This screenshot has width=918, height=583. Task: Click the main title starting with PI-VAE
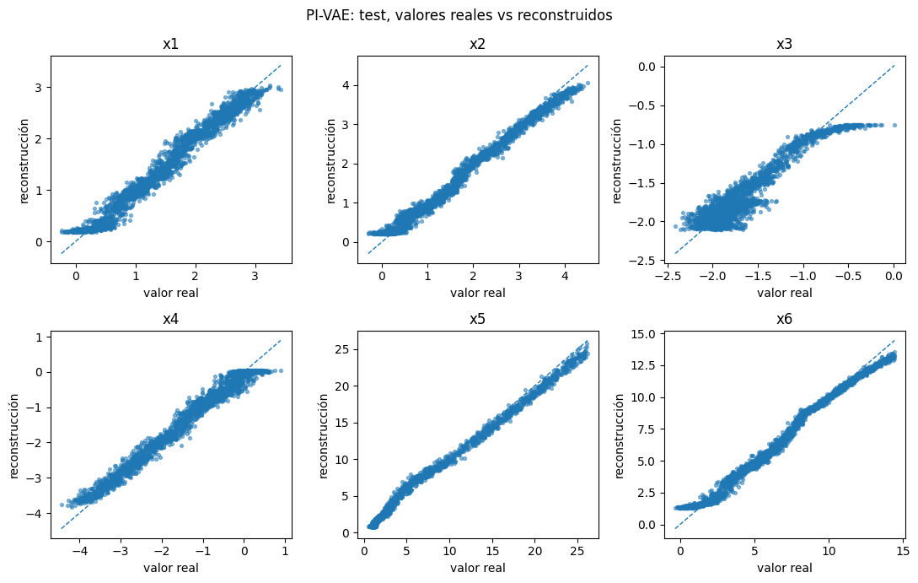(x=459, y=15)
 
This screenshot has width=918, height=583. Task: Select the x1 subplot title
(x=171, y=44)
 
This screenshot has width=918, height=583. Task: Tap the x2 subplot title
(x=478, y=44)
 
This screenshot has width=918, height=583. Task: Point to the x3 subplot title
(x=785, y=44)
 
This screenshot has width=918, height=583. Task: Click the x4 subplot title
(x=171, y=319)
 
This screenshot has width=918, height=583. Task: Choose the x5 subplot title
(x=478, y=319)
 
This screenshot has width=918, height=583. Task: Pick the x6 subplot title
(x=785, y=319)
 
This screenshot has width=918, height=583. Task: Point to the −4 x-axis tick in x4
(x=80, y=551)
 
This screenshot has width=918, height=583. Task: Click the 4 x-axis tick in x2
(x=565, y=276)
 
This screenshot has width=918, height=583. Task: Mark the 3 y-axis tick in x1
(x=40, y=88)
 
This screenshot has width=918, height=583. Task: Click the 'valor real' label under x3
(x=785, y=293)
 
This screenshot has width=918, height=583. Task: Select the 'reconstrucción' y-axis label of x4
(x=14, y=436)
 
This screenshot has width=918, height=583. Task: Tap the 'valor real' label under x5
(x=478, y=568)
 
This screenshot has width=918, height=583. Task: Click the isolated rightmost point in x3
(x=894, y=125)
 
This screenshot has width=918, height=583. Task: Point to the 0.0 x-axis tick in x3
(x=894, y=276)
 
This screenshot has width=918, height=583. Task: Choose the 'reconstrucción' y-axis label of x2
(x=331, y=161)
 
